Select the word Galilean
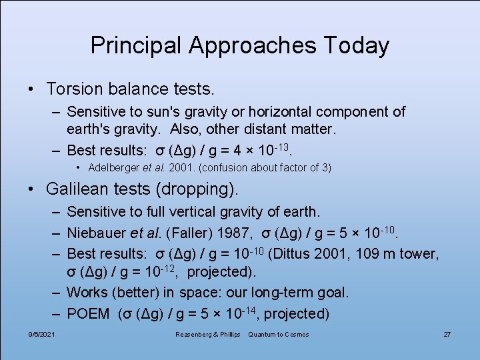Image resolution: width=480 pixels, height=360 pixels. point(79,189)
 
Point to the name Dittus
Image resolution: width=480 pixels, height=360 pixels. point(309,253)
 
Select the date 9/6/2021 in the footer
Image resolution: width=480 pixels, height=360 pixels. point(41,334)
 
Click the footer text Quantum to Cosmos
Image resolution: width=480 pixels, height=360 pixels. point(279,334)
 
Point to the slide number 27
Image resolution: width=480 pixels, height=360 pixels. point(447,334)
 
